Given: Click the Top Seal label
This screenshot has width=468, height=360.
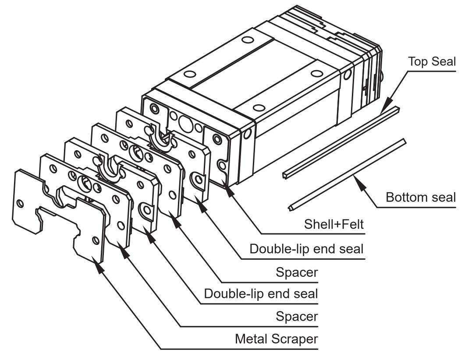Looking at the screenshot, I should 432,62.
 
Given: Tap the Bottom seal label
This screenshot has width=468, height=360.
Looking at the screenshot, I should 421,197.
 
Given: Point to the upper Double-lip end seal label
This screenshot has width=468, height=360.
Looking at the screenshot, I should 306,249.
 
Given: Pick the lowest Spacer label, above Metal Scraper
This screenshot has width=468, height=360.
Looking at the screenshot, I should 297,316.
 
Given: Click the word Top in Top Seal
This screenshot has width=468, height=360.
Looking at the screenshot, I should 419,62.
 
